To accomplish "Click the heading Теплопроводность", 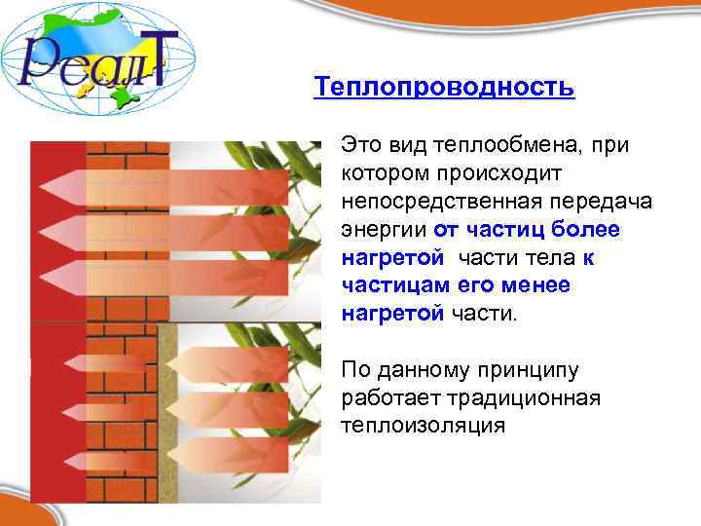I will tap(444, 89).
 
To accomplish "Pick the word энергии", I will tap(385, 230).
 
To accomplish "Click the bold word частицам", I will tap(387, 286).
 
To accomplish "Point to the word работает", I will tap(388, 399).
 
